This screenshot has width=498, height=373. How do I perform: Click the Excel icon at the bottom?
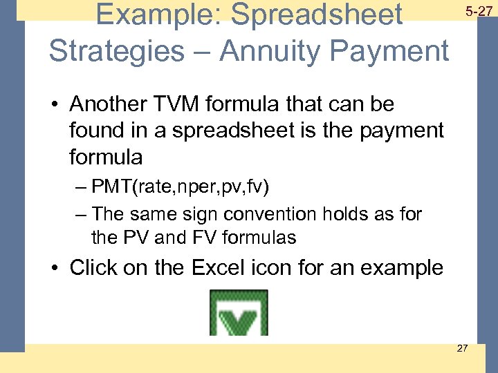coord(239,313)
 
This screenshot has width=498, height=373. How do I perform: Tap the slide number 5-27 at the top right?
coord(478,11)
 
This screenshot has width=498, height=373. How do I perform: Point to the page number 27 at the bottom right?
coord(462,347)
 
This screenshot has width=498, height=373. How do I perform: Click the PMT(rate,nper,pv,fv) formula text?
coord(181,186)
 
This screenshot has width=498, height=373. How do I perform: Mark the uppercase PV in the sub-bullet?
coord(136,238)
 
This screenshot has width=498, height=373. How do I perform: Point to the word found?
coord(98,131)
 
